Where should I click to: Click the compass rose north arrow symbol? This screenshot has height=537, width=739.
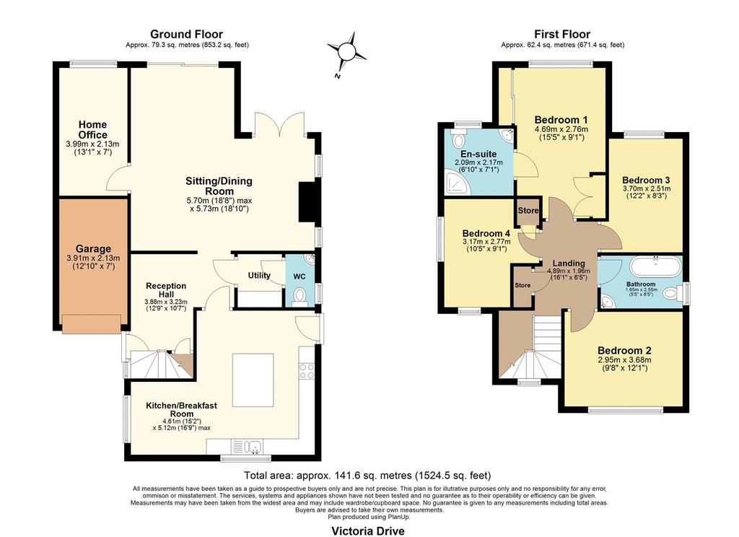tap(347, 52)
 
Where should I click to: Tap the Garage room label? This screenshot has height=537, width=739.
tap(93, 248)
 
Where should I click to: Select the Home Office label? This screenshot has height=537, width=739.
tap(93, 130)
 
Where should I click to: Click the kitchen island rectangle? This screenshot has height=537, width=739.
tap(253, 380)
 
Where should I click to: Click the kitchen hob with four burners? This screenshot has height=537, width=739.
tap(306, 370)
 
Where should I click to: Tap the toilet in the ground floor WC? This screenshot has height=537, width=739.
tap(299, 296)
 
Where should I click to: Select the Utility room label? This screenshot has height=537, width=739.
tap(259, 275)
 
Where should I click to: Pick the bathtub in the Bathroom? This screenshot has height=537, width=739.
tap(655, 267)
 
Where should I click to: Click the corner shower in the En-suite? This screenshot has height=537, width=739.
tap(458, 183)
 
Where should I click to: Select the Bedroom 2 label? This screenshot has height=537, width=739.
tap(624, 350)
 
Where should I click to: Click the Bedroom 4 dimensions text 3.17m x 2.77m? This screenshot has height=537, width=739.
tap(486, 241)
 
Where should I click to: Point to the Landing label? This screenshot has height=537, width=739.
tap(569, 263)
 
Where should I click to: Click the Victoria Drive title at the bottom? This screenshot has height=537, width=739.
tap(367, 531)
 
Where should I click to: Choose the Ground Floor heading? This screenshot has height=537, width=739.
tap(187, 34)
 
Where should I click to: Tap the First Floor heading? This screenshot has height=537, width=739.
tap(561, 34)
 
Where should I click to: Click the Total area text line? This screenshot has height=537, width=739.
tap(367, 475)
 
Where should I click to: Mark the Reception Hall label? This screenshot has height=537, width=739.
tap(166, 290)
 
